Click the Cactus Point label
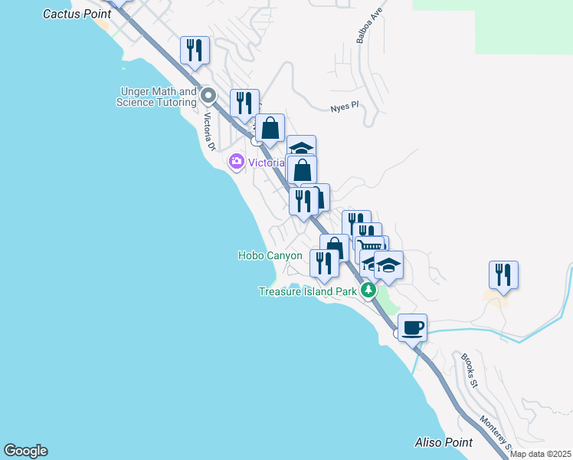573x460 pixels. pyautogui.click(x=77, y=14)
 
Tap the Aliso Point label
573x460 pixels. pyautogui.click(x=443, y=442)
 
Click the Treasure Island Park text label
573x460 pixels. pyautogui.click(x=306, y=291)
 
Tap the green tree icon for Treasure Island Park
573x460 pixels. pyautogui.click(x=368, y=291)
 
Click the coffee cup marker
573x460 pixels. pyautogui.click(x=412, y=327)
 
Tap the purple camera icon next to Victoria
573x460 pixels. pyautogui.click(x=236, y=161)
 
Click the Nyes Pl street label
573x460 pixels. pyautogui.click(x=345, y=107)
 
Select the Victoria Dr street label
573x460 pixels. pyautogui.click(x=208, y=132)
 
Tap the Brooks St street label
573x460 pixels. pyautogui.click(x=469, y=370)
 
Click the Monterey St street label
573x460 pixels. pyautogui.click(x=494, y=432)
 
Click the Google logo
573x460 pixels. pyautogui.click(x=25, y=451)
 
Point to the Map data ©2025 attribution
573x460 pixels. pyautogui.click(x=540, y=454)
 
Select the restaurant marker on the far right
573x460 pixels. pyautogui.click(x=503, y=274)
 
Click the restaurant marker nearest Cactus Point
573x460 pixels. pyautogui.click(x=195, y=51)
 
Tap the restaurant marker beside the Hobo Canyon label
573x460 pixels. pyautogui.click(x=324, y=263)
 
